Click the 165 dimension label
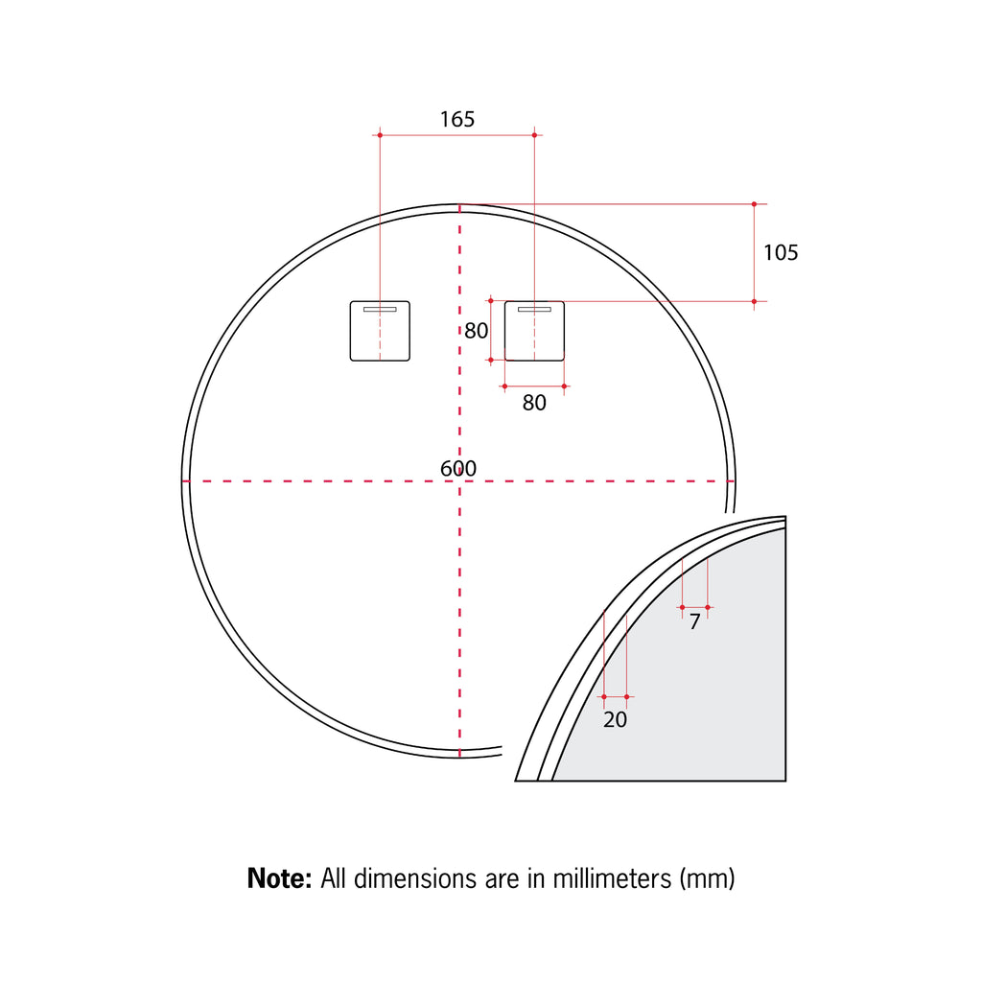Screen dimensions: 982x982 [457, 120]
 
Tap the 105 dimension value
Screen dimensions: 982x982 [781, 252]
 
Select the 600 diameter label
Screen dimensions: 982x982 [458, 469]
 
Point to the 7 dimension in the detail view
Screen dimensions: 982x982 [694, 622]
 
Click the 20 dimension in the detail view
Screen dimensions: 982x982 [615, 719]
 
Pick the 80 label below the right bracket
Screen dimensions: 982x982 [534, 404]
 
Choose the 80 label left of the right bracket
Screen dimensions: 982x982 [477, 331]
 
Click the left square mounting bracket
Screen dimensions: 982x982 [380, 331]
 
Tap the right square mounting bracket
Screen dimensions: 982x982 [534, 331]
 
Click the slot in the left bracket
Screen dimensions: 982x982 [380, 311]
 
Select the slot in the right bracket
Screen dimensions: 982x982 [534, 311]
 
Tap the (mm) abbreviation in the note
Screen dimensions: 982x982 [706, 877]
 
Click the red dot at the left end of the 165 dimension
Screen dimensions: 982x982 [380, 135]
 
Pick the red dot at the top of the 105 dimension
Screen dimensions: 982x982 [754, 204]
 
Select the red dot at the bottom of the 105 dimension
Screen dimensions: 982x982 [754, 301]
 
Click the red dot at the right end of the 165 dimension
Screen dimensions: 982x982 [534, 135]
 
